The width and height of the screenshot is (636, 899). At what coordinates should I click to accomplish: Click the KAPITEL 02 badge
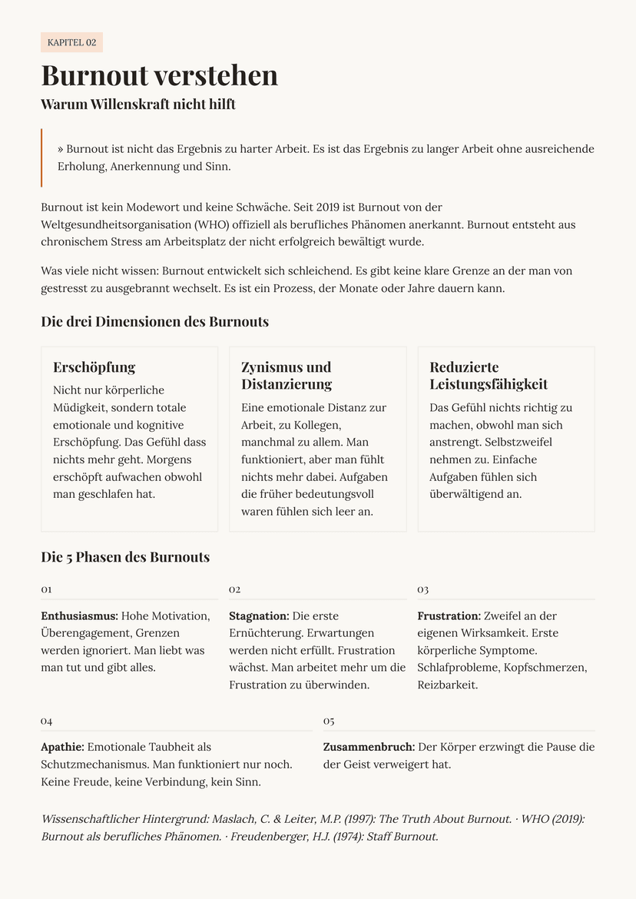(x=71, y=42)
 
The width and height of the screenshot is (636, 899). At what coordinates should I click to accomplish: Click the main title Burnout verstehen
(x=159, y=75)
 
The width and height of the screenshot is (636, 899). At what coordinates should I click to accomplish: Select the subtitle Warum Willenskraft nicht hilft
(x=138, y=104)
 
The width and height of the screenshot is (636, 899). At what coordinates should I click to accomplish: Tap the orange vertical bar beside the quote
(x=41, y=158)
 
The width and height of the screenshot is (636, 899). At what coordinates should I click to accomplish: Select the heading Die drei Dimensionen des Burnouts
(x=154, y=321)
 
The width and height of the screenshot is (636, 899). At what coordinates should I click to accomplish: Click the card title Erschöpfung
(x=94, y=367)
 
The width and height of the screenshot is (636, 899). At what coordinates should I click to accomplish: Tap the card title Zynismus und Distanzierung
(x=286, y=376)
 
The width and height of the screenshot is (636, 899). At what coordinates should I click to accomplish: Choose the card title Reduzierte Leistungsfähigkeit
(x=488, y=376)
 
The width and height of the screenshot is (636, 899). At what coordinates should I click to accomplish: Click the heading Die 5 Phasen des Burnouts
(x=125, y=557)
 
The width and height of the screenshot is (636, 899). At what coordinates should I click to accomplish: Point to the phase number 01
(x=46, y=589)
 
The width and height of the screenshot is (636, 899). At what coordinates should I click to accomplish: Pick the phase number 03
(x=422, y=589)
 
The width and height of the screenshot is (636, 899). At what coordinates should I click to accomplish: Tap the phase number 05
(x=329, y=721)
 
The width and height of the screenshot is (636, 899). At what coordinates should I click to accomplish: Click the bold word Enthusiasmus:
(x=79, y=616)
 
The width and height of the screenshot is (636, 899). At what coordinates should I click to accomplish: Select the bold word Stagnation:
(x=259, y=616)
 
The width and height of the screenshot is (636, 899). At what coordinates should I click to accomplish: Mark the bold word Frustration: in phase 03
(x=449, y=616)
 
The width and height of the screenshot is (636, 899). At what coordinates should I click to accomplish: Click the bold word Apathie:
(x=62, y=747)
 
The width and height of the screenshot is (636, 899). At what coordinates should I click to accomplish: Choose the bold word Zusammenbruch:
(x=369, y=747)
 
